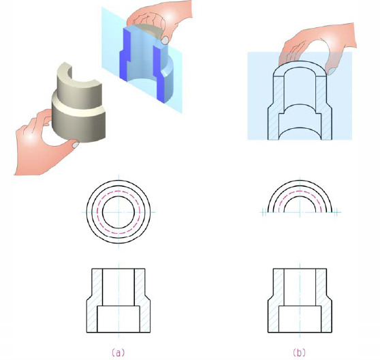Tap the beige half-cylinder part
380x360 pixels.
tap(79, 102)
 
